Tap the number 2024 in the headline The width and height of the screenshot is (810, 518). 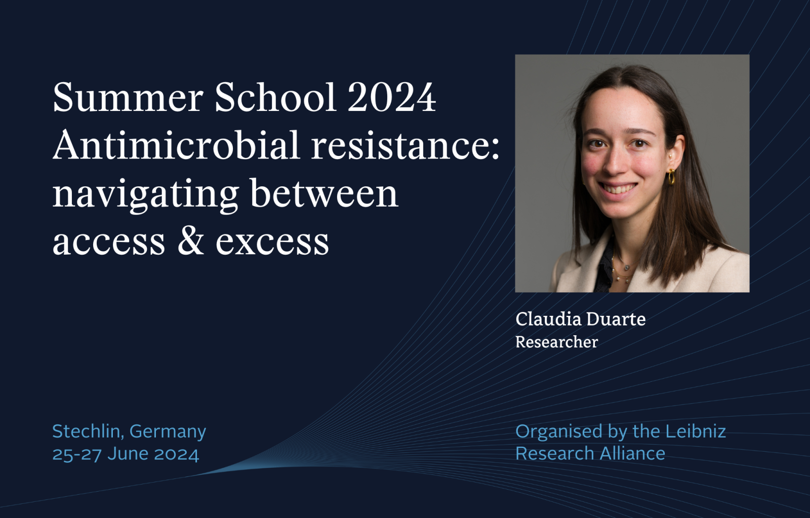[x=392, y=97]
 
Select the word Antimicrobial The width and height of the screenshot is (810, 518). [x=177, y=145]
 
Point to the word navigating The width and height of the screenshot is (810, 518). [x=145, y=195]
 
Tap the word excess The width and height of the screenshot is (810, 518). [x=272, y=243]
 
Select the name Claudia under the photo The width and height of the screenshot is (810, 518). [x=548, y=319]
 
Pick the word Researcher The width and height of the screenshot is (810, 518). [x=557, y=342]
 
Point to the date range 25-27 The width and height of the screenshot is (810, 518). [x=77, y=454]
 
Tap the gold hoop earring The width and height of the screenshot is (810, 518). [x=671, y=177]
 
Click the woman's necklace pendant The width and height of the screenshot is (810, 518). [x=626, y=268]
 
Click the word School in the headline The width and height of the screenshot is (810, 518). [x=275, y=97]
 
